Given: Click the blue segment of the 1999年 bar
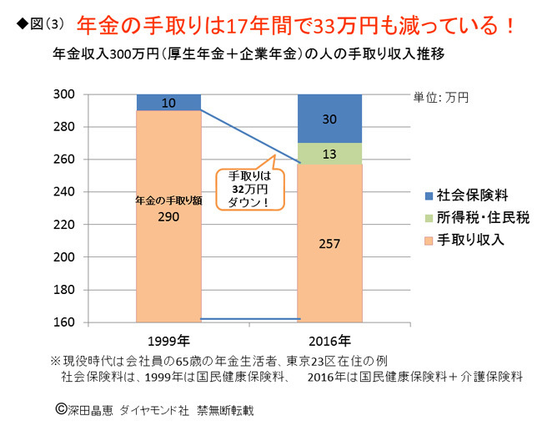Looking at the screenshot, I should click(168, 102).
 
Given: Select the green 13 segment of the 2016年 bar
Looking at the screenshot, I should click(329, 154).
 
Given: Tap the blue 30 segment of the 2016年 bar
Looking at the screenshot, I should click(329, 119).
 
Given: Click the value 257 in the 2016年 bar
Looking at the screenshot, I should click(329, 245).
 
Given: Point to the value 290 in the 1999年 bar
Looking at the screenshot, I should click(169, 216).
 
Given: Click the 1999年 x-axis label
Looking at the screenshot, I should click(168, 341).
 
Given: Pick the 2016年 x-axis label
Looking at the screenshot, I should click(329, 341).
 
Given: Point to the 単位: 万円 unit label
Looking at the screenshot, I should click(441, 97).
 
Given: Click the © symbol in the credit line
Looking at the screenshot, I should click(59, 409).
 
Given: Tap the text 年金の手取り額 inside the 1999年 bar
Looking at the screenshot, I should click(169, 200).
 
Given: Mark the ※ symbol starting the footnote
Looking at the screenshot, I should click(56, 361).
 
